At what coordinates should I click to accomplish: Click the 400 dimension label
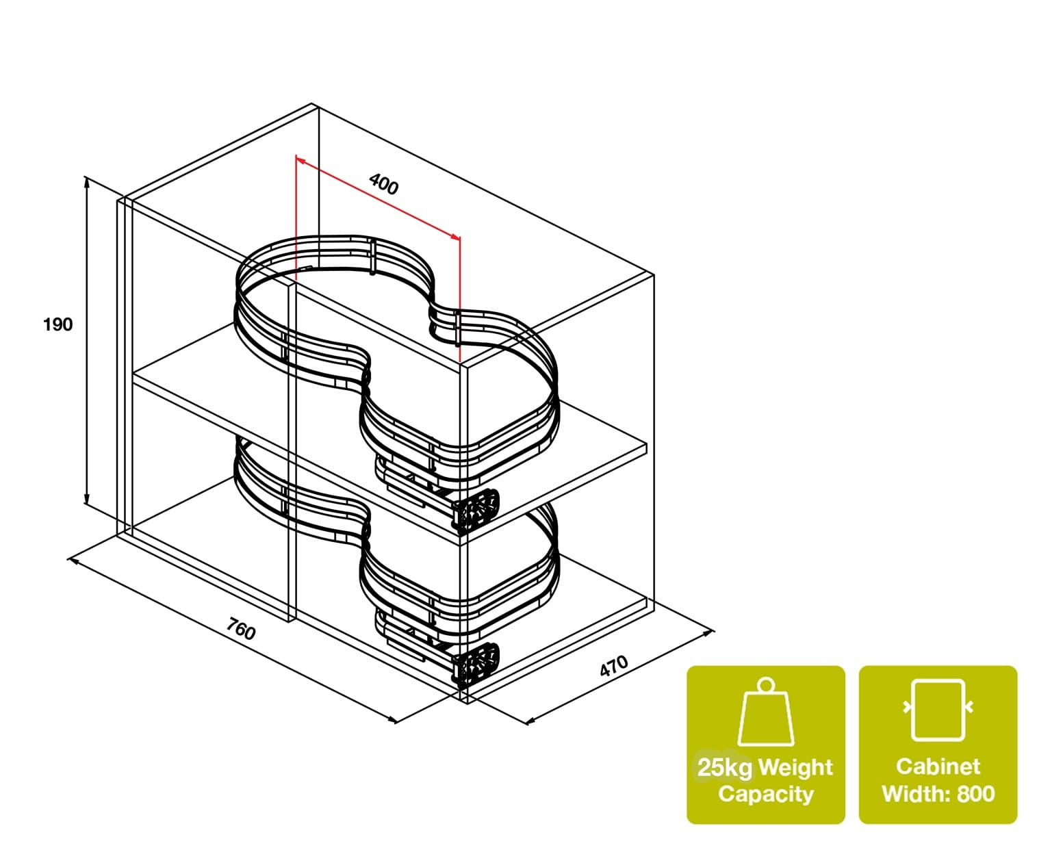coord(383,184)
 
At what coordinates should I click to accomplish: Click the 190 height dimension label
coord(57,324)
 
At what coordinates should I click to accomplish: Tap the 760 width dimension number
coord(241,629)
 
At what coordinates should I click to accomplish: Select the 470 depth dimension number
coord(614,666)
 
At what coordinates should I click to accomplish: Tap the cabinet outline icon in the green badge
coord(938,710)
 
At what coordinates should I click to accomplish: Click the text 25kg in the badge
coord(725,768)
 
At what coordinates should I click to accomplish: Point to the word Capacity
coord(765,795)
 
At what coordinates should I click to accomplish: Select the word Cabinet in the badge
coord(938,767)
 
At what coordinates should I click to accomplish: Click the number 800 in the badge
coord(976,794)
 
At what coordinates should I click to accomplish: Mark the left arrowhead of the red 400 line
coord(298,159)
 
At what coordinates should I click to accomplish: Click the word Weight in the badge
coord(795,768)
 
